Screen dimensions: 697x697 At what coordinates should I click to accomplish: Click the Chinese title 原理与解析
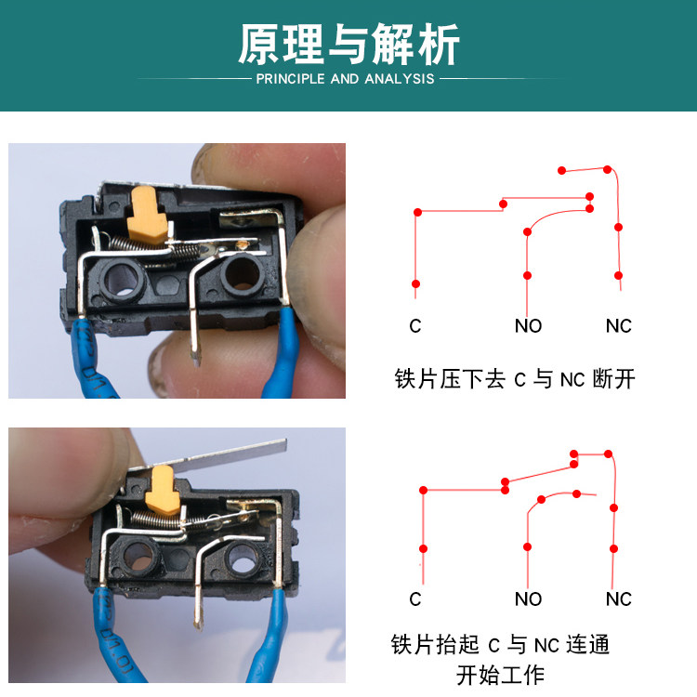tap(348, 45)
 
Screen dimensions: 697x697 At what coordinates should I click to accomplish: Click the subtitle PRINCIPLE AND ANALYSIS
tap(345, 79)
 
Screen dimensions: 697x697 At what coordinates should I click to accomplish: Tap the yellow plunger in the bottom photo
tap(162, 490)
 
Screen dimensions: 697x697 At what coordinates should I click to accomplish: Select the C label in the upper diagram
tap(415, 326)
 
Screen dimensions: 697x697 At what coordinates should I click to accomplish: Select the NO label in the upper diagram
tap(528, 326)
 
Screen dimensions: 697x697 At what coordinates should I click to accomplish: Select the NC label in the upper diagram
tap(618, 326)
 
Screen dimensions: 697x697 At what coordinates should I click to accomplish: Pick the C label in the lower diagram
tap(415, 598)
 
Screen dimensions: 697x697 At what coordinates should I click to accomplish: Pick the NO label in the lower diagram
tap(528, 598)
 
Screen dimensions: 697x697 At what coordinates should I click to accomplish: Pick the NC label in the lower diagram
tap(618, 598)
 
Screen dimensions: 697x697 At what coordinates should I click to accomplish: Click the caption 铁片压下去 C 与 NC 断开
tap(515, 379)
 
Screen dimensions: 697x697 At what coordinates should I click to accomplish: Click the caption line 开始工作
tap(501, 676)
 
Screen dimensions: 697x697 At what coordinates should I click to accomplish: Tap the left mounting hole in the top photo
tap(121, 280)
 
